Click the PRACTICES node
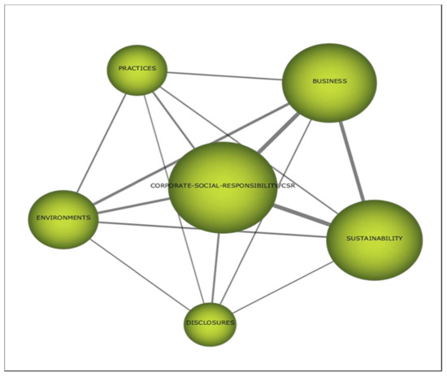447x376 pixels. pos(137,69)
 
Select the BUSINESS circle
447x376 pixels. pos(329,82)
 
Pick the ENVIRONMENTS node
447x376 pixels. pos(63,218)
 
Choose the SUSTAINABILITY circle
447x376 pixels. pos(374,239)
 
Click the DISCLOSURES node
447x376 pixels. pos(210,323)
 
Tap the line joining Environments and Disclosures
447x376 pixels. pos(137,272)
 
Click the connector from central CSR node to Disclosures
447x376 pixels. pos(215,272)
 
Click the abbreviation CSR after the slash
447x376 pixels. pos(286,186)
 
